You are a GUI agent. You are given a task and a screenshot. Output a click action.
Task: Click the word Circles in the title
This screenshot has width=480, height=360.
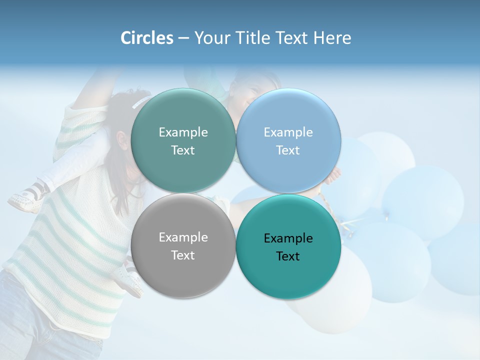point(146,38)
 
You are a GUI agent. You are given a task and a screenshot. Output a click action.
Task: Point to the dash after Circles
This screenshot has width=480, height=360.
point(183,38)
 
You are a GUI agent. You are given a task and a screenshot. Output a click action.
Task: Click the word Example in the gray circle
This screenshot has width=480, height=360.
point(183,237)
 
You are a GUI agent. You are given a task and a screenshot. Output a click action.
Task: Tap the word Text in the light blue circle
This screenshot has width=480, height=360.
point(288,150)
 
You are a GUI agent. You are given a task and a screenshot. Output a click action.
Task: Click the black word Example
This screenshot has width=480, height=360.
point(288,238)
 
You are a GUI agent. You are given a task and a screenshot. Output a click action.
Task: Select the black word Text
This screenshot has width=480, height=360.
point(288,256)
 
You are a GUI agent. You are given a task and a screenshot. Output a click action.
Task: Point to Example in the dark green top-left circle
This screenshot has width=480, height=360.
point(183,132)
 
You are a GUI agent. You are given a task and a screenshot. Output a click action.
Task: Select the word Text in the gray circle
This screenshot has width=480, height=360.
point(183,255)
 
